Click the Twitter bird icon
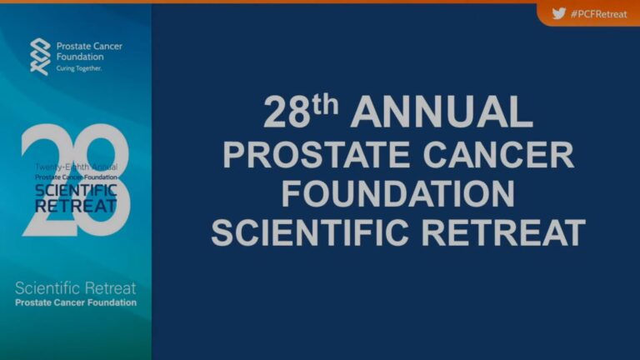coord(559,13)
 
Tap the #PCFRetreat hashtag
coord(599,14)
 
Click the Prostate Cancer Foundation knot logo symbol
coord(40,57)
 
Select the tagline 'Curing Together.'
coord(79,68)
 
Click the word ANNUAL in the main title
coord(442,112)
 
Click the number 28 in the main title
coord(287,112)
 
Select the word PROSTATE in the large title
coord(316,155)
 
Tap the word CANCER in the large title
coord(498,155)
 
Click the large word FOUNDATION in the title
coord(398,194)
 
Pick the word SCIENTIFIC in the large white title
coord(310,232)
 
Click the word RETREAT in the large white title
coord(503,232)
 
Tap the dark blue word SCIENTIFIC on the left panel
coord(77,190)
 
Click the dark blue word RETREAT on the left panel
coord(77,206)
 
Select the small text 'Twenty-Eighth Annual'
coord(77,167)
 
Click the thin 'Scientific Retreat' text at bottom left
coord(76,288)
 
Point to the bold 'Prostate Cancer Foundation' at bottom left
coord(76,302)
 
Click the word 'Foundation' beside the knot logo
coord(80,57)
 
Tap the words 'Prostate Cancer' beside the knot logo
coord(89,46)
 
